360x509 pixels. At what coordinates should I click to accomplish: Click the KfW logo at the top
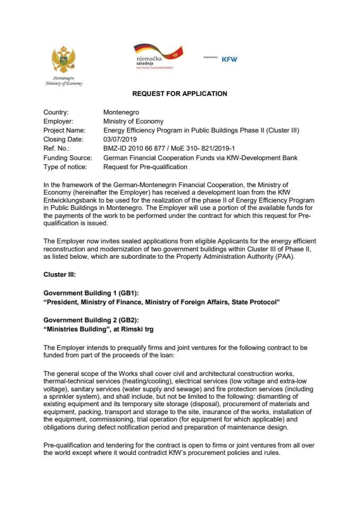[x=229, y=59]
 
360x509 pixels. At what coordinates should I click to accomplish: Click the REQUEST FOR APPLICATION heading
[x=180, y=94]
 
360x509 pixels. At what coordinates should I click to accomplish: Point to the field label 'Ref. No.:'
[x=56, y=149]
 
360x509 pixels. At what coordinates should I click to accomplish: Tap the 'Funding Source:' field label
[x=67, y=158]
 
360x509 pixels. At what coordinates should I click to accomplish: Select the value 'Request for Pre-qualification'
[x=145, y=167]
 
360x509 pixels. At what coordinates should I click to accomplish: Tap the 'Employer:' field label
[x=59, y=121]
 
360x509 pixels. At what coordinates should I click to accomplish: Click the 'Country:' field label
[x=56, y=112]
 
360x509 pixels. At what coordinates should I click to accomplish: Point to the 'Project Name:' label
[x=64, y=130]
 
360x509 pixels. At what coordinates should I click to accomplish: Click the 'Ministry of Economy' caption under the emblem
[x=64, y=83]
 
